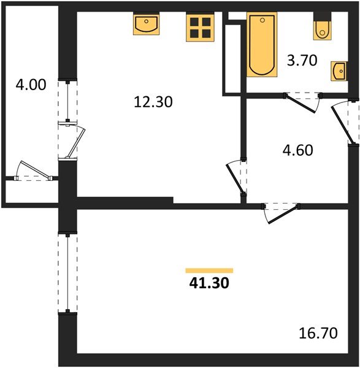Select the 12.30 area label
(x=153, y=102)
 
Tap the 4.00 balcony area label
(x=30, y=85)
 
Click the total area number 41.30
(x=209, y=283)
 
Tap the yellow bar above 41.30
(x=209, y=270)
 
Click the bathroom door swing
(x=302, y=101)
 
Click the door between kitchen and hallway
(x=236, y=178)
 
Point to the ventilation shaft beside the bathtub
(x=232, y=59)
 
